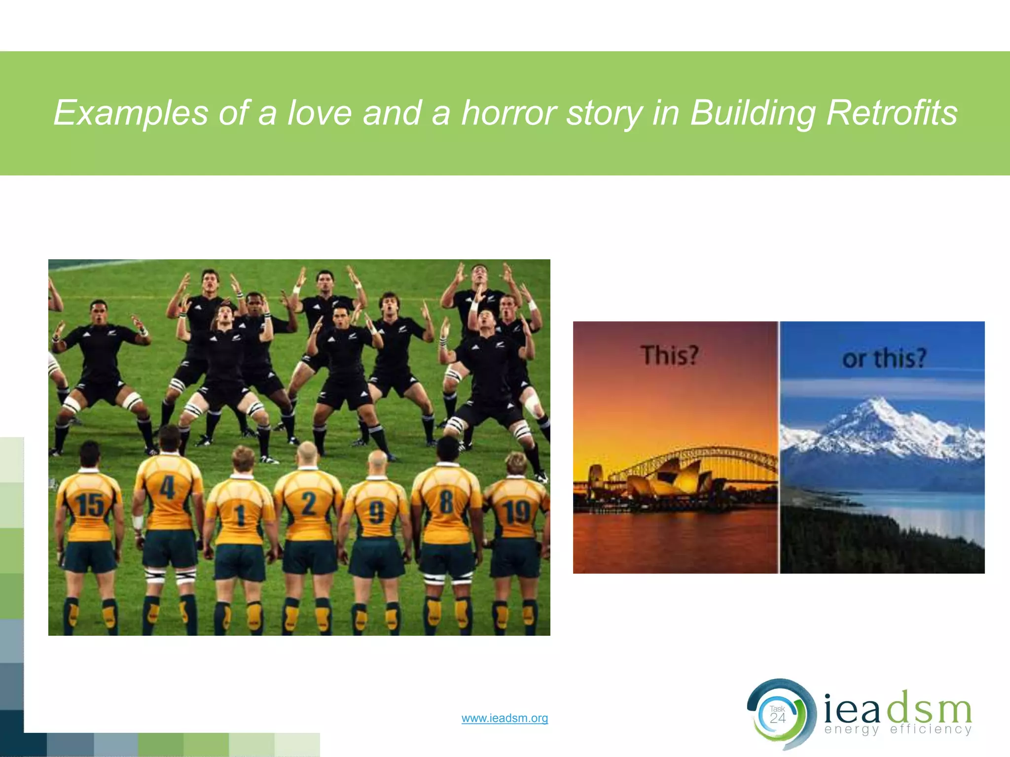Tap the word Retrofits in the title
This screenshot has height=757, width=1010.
click(x=892, y=113)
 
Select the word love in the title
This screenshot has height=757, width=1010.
click(x=320, y=113)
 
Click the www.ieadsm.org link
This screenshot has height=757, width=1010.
click(x=505, y=718)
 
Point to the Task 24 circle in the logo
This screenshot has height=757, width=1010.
click(x=778, y=715)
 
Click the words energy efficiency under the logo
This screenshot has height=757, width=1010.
click(x=898, y=729)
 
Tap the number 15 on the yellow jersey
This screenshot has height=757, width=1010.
click(x=90, y=505)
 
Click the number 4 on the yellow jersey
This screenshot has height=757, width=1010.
click(x=168, y=489)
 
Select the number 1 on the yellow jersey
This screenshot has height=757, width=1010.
click(x=240, y=516)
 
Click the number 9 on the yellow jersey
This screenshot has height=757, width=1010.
click(x=376, y=512)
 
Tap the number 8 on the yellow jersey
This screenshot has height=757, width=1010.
click(x=446, y=502)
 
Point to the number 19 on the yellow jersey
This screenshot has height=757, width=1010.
click(x=516, y=512)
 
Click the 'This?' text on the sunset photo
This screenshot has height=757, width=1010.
click(x=669, y=355)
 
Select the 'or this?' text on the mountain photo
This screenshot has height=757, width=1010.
click(x=884, y=358)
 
